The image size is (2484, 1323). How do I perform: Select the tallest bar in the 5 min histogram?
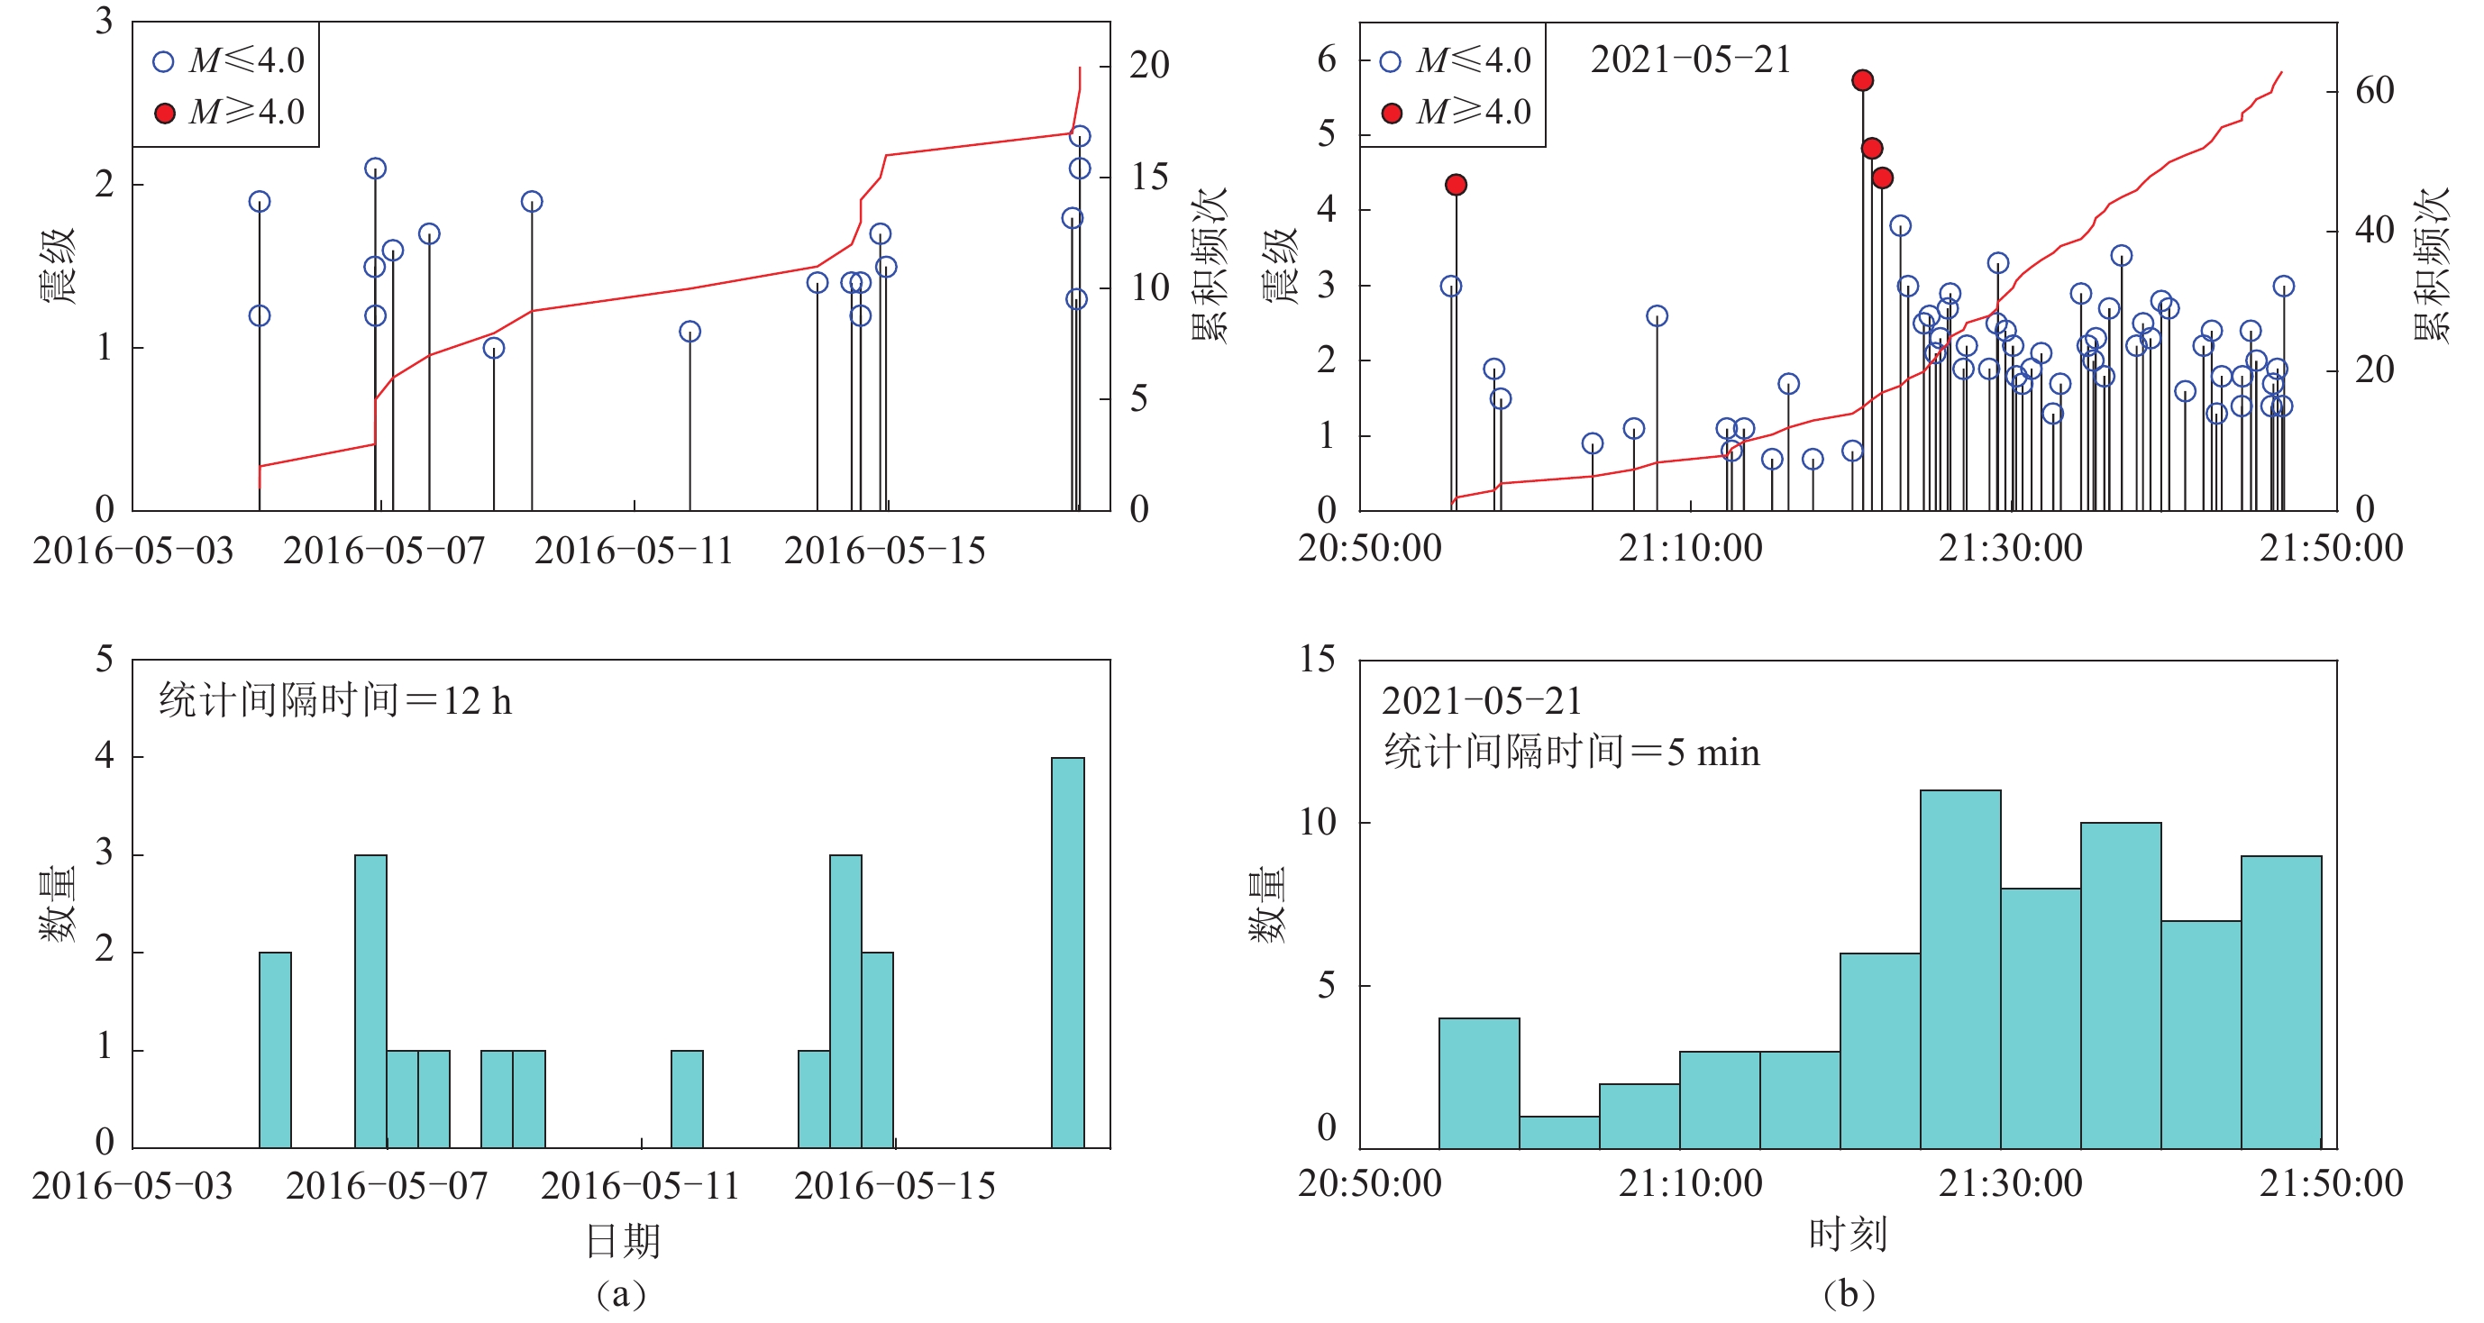[x=1959, y=969]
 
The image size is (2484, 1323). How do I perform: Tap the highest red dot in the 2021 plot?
[x=1862, y=80]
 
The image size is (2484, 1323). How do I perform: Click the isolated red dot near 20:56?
[x=1457, y=184]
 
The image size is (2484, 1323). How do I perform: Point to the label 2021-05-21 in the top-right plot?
[x=1689, y=59]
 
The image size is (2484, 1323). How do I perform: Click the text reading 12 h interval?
[x=334, y=701]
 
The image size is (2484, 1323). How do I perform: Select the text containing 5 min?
[x=1572, y=753]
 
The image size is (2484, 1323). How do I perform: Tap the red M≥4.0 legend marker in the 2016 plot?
[x=165, y=114]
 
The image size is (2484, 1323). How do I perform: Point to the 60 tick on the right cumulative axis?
[x=2374, y=92]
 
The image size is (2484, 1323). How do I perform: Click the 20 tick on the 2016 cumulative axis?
[x=1149, y=66]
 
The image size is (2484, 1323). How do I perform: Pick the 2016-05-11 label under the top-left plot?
[x=634, y=552]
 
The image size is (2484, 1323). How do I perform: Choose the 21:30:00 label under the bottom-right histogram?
[x=2011, y=1184]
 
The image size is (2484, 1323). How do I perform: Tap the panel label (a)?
[x=621, y=1294]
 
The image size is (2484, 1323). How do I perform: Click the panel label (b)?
[x=1848, y=1294]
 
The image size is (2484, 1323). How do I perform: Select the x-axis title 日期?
[x=623, y=1241]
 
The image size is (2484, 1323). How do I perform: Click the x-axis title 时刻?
[x=1848, y=1236]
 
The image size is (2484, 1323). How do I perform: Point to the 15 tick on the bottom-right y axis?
[x=1317, y=661]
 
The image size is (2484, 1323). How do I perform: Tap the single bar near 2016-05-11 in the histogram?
[x=687, y=1099]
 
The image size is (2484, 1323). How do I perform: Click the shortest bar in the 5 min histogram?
[x=1559, y=1132]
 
